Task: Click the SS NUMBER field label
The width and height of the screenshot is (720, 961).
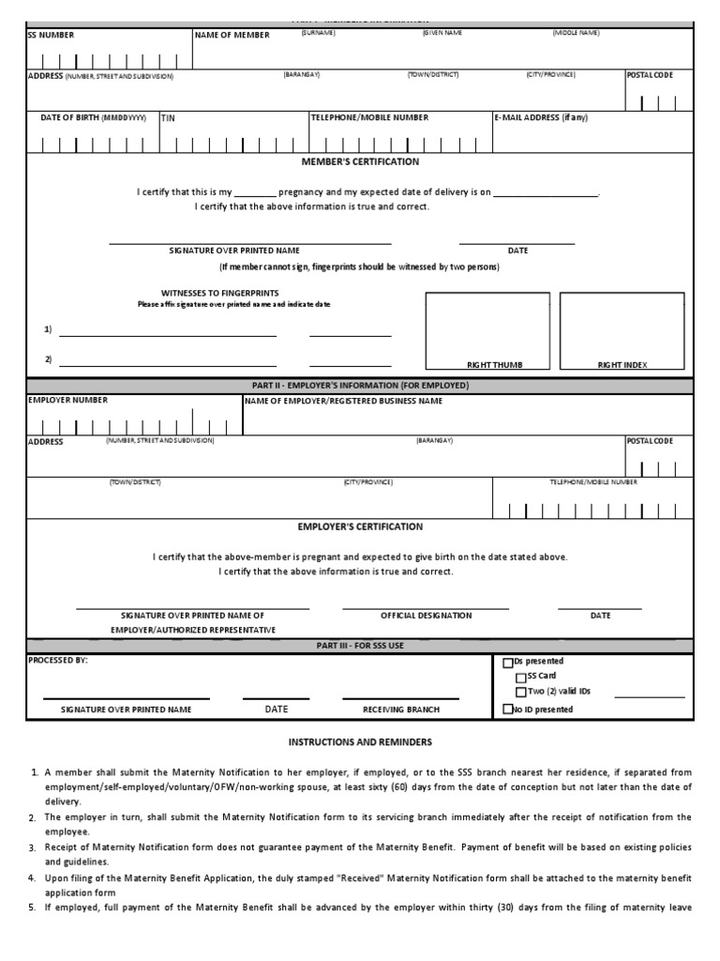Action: pyautogui.click(x=51, y=35)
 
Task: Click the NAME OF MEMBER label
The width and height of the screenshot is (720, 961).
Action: pyautogui.click(x=232, y=35)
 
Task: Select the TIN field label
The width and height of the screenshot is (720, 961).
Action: pyautogui.click(x=168, y=118)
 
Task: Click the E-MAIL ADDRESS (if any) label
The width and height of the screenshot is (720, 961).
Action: pyautogui.click(x=541, y=118)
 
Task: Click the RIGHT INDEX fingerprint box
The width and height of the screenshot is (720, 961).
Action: pyautogui.click(x=622, y=331)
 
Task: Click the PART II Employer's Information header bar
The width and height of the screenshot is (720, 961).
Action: pyautogui.click(x=360, y=386)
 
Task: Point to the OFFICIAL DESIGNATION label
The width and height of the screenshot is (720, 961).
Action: pyautogui.click(x=426, y=616)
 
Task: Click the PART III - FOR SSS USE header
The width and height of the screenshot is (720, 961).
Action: pyautogui.click(x=360, y=646)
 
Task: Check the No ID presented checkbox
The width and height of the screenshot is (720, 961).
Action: pyautogui.click(x=509, y=709)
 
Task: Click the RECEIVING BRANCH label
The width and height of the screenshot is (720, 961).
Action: pyautogui.click(x=400, y=709)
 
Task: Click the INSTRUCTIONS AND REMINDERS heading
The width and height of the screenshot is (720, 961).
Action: pyautogui.click(x=360, y=741)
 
